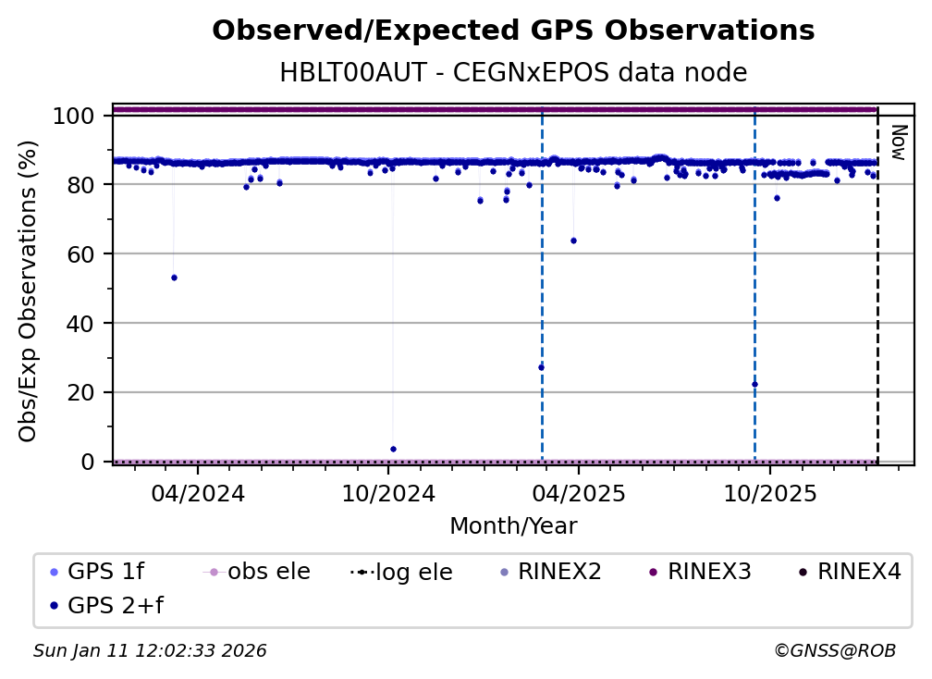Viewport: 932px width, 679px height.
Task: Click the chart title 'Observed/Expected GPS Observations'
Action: tap(513, 31)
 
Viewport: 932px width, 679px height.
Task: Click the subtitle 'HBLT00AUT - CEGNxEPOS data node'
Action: tap(513, 72)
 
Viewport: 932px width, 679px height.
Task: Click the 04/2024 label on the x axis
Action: tap(198, 493)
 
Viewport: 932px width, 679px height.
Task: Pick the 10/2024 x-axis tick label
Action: tap(388, 493)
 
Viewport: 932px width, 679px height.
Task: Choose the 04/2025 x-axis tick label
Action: tap(578, 493)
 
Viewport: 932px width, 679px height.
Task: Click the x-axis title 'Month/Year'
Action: tap(513, 526)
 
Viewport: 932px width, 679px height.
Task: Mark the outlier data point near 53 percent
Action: tap(174, 278)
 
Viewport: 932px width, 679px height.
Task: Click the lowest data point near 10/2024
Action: tap(393, 449)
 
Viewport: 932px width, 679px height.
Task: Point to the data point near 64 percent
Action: tap(573, 241)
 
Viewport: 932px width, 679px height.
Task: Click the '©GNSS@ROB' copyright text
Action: tap(834, 651)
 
